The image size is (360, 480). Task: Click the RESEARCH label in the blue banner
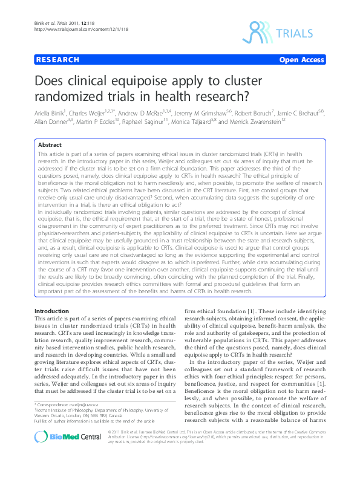pyautogui.click(x=58, y=60)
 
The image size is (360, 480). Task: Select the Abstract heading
pyautogui.click(x=50, y=146)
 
